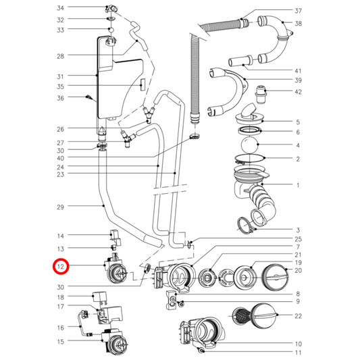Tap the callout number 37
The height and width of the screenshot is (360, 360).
[298, 11]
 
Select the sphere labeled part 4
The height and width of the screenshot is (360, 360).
[250, 145]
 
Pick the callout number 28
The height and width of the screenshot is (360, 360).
[60, 56]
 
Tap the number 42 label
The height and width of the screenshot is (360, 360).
[298, 92]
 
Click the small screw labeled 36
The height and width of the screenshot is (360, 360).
[89, 98]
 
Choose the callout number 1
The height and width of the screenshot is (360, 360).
[298, 186]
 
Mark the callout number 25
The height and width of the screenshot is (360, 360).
[298, 240]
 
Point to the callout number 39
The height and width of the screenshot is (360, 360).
[298, 80]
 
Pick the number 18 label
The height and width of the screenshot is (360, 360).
[60, 297]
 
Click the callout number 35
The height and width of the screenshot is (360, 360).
[60, 86]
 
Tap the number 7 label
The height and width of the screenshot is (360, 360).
[298, 248]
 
